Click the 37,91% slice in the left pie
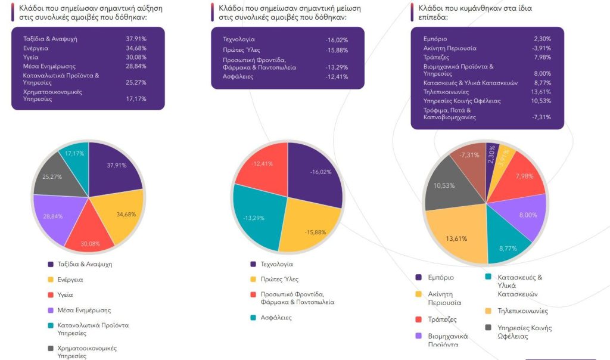[x=114, y=166]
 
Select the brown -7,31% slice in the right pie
[x=469, y=158]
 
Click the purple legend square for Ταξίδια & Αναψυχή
[x=51, y=263]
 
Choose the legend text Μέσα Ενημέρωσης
[x=83, y=310]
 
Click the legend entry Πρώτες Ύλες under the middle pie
[x=279, y=279]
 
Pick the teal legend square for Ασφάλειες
[x=253, y=318]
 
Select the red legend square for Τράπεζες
[x=418, y=319]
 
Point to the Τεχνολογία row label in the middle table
[x=239, y=39]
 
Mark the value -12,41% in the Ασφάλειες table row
[x=337, y=77]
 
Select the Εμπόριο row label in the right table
[x=435, y=39]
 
